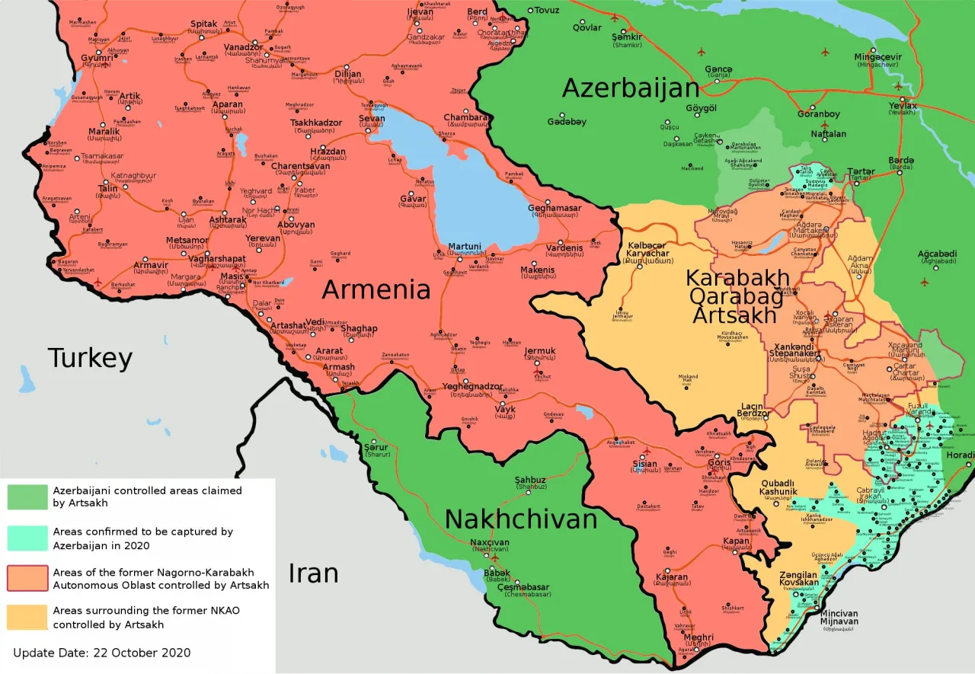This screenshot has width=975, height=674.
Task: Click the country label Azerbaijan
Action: click(630, 88)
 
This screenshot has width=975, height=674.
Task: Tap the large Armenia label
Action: click(376, 289)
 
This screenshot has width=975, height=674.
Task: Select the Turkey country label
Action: click(90, 358)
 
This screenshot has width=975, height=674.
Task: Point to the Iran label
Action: click(312, 573)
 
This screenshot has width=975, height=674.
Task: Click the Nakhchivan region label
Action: click(520, 519)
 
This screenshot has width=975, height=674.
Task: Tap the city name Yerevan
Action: click(263, 238)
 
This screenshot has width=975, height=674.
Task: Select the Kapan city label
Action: click(737, 541)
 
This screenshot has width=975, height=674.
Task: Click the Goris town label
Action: click(718, 462)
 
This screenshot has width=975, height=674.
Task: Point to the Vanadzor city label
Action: click(243, 47)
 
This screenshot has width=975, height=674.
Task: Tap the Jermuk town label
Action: click(540, 351)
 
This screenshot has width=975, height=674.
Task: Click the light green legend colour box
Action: click(27, 497)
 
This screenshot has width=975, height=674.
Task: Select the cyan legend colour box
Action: click(27, 538)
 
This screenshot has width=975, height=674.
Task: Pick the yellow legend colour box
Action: click(27, 617)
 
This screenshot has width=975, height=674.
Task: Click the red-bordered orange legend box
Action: click(27, 578)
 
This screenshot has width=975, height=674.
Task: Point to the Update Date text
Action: click(101, 653)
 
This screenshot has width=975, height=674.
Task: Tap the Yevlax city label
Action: click(903, 105)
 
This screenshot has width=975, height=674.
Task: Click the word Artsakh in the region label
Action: click(737, 314)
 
